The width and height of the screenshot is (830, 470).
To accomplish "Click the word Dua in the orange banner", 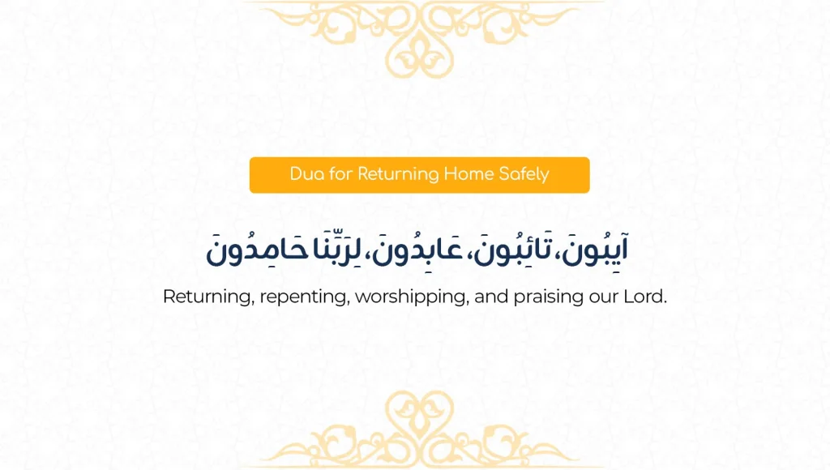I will tap(306, 174).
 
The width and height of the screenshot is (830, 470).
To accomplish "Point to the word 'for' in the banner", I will tap(341, 174).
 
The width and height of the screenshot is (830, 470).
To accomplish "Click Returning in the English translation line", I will tap(207, 297).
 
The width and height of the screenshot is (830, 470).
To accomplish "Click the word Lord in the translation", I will tap(644, 297).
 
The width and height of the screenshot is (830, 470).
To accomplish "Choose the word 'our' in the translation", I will tap(602, 297).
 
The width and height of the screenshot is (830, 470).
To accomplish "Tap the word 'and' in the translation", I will tap(491, 297).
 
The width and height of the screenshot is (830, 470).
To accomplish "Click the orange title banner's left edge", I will tap(252, 175).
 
